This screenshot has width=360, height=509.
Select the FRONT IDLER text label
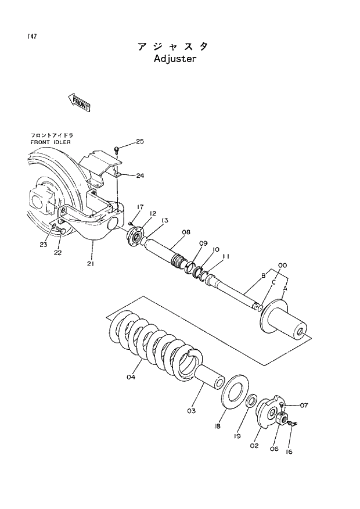click(51, 142)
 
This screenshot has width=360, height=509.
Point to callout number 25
click(140, 141)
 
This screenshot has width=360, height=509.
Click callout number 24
click(140, 175)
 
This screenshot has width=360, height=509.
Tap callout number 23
click(44, 245)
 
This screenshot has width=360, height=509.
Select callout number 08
click(186, 232)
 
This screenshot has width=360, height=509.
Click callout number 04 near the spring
click(131, 377)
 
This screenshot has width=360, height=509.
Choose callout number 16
click(288, 450)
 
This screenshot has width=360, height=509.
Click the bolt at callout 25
click(117, 150)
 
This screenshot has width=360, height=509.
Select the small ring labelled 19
click(253, 402)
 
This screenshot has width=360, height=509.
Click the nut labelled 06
click(283, 420)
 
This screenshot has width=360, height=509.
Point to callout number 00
click(283, 266)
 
